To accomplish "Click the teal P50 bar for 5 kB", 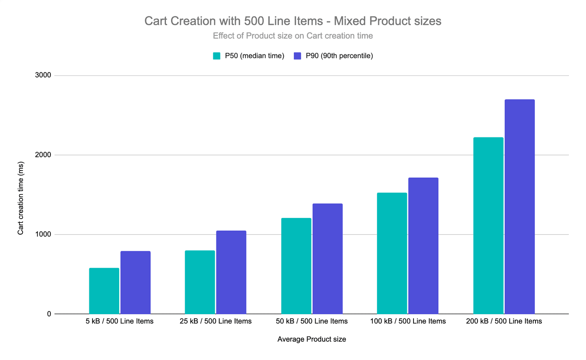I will click(x=104, y=291).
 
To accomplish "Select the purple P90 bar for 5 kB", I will click(x=135, y=282).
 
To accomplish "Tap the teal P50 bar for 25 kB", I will click(x=200, y=282).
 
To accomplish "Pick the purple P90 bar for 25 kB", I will click(x=231, y=272).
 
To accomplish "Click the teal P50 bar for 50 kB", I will click(x=296, y=266).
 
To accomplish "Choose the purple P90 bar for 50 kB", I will click(x=328, y=259).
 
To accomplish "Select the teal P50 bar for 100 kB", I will click(x=392, y=253).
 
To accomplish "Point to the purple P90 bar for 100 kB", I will click(x=423, y=246).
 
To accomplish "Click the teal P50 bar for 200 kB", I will click(x=488, y=226).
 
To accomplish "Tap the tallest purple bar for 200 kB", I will click(x=520, y=207).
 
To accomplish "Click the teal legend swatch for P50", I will click(x=216, y=56).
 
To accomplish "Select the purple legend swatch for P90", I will click(x=298, y=56).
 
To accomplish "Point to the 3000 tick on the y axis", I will click(x=43, y=75).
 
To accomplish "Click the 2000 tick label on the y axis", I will click(x=43, y=155).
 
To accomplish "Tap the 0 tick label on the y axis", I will click(x=49, y=314).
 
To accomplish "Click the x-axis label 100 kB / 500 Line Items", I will click(x=408, y=321).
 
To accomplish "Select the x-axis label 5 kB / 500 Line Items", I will click(x=120, y=321).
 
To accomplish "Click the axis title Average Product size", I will click(x=312, y=339).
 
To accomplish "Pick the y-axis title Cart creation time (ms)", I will click(x=21, y=198).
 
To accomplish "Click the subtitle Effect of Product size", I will click(x=293, y=36).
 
